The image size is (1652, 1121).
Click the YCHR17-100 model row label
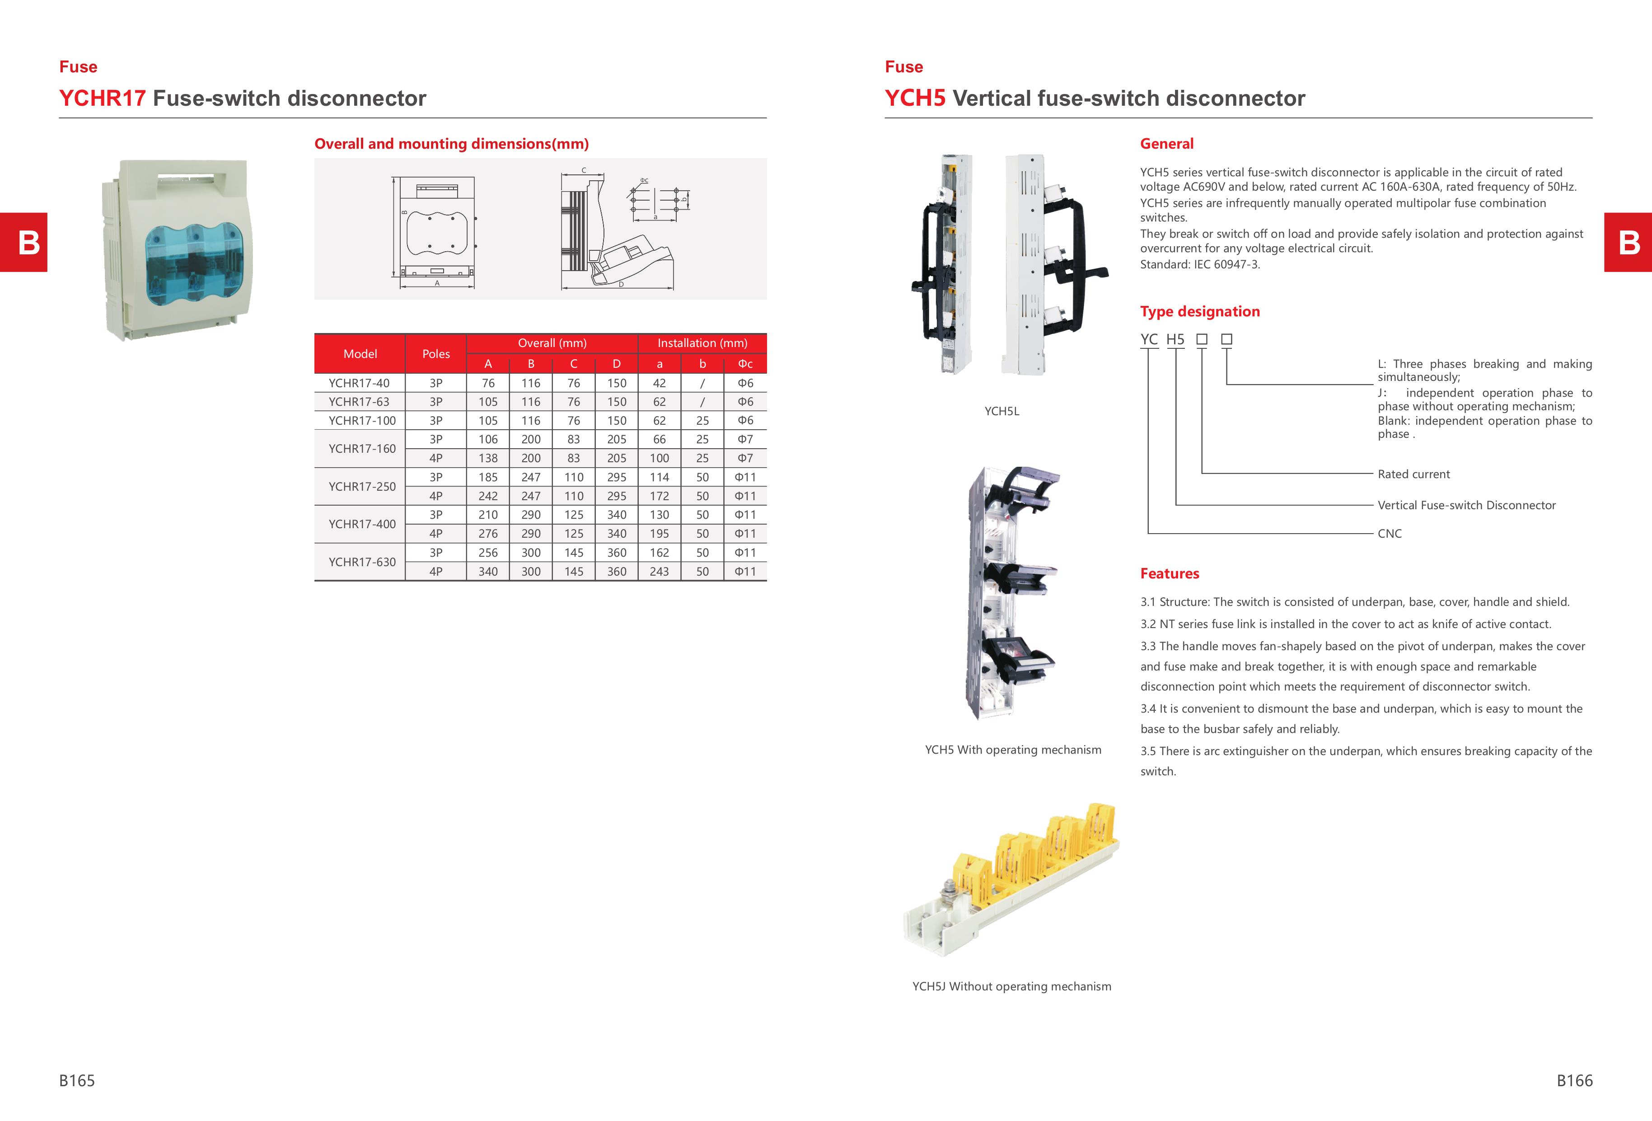pos(362,420)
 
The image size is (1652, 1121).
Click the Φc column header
pos(745,364)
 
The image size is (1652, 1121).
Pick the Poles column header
pos(436,354)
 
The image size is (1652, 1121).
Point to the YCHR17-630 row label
pos(362,562)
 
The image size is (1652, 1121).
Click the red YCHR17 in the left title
pos(103,98)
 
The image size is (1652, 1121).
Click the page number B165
pos(77,1080)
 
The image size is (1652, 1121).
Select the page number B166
pos(1574,1080)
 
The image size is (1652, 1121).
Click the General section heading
pos(1166,144)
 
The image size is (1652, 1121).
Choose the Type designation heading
pos(1200,311)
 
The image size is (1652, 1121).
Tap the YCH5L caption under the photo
pos(1001,411)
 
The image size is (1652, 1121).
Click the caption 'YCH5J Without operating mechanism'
pos(1011,986)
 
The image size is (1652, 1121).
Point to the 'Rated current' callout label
pos(1413,474)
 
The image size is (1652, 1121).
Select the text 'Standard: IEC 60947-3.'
pos(1200,264)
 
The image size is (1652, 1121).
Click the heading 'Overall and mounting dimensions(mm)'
pos(451,144)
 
